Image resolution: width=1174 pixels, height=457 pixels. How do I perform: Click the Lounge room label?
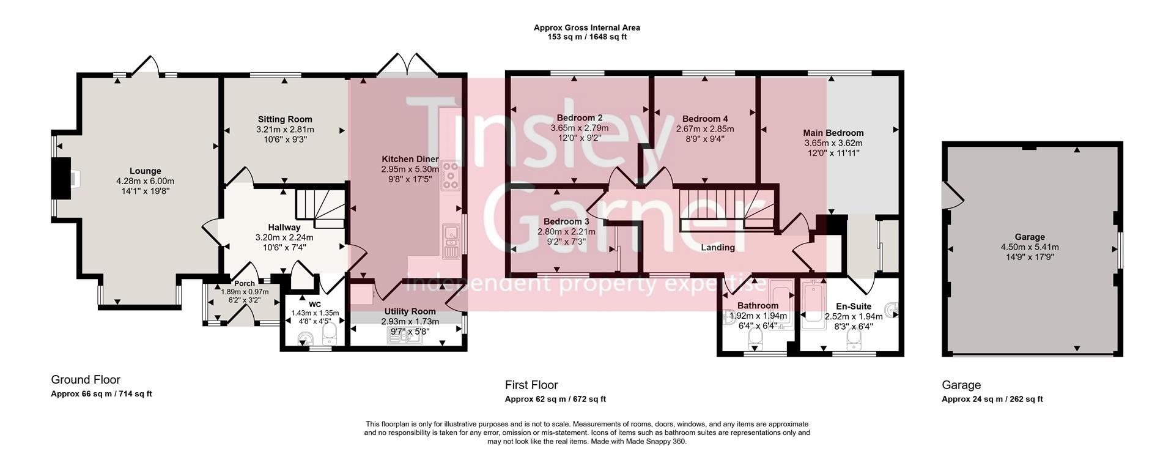[145, 171]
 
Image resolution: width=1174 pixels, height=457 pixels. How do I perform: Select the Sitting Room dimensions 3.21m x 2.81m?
[285, 130]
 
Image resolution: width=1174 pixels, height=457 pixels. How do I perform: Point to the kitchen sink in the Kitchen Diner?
[451, 240]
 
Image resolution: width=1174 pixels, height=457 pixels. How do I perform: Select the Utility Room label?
[410, 312]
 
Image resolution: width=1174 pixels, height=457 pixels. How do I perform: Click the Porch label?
[245, 284]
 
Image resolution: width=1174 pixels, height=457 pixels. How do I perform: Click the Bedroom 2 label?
[579, 118]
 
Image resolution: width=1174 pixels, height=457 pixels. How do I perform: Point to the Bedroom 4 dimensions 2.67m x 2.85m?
[705, 129]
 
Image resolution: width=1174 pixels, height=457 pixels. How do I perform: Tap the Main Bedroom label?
[833, 133]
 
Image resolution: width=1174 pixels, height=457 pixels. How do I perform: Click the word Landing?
[717, 248]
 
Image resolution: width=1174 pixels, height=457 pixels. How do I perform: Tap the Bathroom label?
[758, 306]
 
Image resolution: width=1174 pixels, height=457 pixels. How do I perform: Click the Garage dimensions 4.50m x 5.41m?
[1029, 247]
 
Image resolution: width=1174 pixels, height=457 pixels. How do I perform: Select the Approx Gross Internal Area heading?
[586, 28]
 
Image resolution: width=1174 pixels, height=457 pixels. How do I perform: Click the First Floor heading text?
[531, 385]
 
